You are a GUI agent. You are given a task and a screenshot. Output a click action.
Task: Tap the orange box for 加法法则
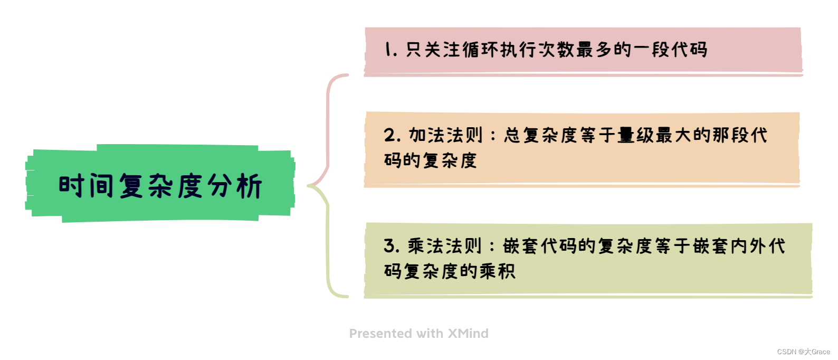click(582, 148)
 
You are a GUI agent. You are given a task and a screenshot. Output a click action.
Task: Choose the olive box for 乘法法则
click(588, 259)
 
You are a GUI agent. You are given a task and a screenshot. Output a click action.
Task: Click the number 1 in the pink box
click(389, 50)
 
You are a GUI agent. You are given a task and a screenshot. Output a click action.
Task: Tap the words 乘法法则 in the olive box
click(444, 246)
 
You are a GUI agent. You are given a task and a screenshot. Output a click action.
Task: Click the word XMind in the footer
click(468, 334)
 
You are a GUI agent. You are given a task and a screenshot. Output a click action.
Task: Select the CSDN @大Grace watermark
click(803, 352)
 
